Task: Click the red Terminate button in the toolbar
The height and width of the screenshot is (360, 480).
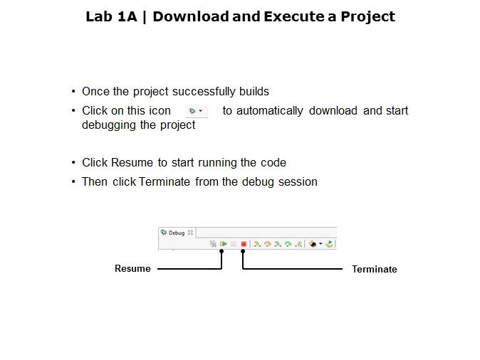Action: point(244,243)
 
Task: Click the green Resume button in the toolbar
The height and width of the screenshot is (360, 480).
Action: point(223,243)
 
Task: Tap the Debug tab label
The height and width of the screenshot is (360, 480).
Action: point(177,233)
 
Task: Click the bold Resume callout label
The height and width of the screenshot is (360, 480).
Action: point(132,269)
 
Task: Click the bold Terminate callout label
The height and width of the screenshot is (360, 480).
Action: point(374,270)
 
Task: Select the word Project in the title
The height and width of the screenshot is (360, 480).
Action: point(366,16)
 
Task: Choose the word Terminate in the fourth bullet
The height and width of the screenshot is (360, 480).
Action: point(165,181)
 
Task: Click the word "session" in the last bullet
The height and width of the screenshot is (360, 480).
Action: point(299,181)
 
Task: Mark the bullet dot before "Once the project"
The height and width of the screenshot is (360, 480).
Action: point(73,92)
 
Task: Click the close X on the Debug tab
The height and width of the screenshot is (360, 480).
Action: point(190,233)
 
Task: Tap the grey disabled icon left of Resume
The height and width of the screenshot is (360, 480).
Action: point(213,243)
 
